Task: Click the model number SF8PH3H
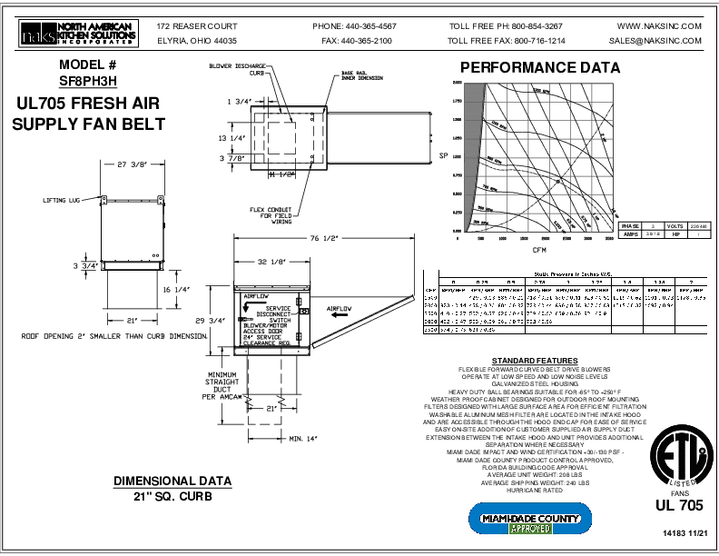[88, 80]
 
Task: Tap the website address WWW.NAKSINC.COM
[658, 26]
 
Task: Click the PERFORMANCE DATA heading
[539, 68]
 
